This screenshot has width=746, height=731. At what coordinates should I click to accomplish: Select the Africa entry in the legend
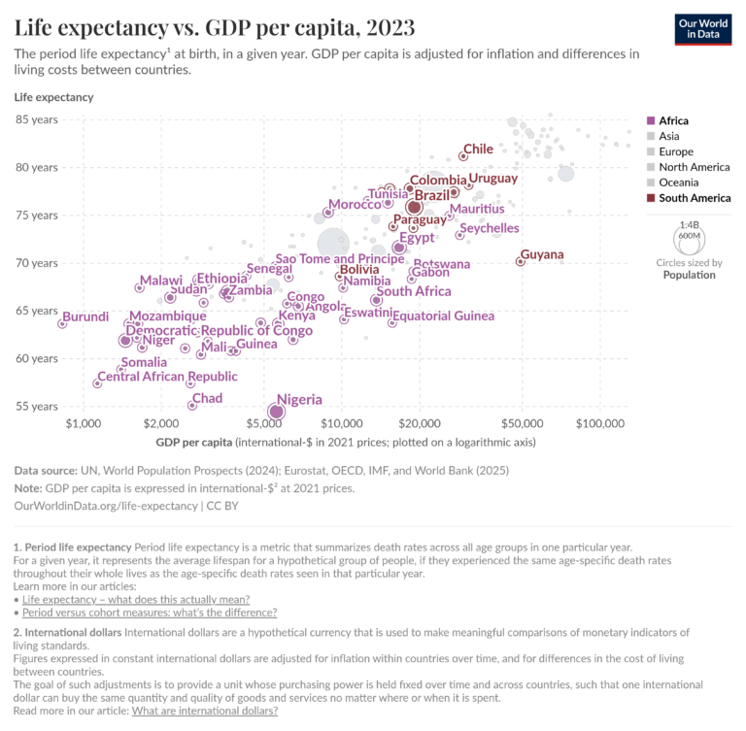click(673, 120)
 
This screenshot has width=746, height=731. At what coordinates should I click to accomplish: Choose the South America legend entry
click(694, 198)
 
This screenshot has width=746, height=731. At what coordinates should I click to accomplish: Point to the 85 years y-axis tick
click(36, 119)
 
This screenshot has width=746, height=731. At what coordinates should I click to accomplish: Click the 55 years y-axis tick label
click(36, 406)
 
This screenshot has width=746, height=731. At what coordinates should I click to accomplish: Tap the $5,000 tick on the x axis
click(264, 424)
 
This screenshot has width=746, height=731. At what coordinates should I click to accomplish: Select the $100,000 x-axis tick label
click(599, 424)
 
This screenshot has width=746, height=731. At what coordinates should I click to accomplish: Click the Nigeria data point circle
click(276, 412)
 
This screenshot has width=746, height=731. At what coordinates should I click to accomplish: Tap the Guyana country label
click(542, 254)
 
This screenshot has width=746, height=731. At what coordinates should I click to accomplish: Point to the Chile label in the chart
click(478, 149)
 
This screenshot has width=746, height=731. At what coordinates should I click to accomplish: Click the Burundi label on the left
click(85, 316)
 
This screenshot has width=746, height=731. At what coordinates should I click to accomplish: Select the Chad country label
click(207, 398)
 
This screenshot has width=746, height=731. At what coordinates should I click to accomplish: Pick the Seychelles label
click(489, 228)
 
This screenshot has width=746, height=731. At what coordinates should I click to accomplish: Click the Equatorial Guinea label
click(443, 316)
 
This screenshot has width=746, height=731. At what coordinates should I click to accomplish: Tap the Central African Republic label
click(167, 377)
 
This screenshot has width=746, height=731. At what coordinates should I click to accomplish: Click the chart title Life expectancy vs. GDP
click(215, 26)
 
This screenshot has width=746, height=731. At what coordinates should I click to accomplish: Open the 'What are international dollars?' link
click(204, 711)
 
